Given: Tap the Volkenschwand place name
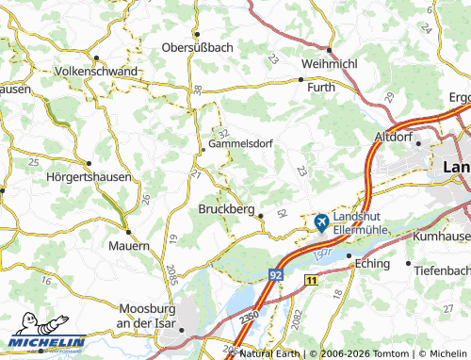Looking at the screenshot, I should click(x=98, y=71).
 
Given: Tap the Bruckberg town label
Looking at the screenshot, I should click(x=227, y=210).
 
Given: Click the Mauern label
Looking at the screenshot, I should click(x=128, y=245).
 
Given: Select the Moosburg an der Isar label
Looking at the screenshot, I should click(x=156, y=316).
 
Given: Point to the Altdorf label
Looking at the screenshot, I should click(x=395, y=137).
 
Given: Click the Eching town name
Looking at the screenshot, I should click(x=372, y=264).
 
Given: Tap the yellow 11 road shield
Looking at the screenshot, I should click(x=312, y=280).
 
